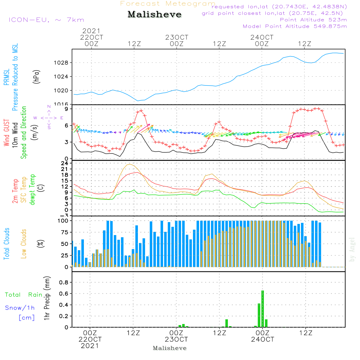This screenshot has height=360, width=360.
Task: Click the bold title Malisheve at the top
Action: coord(154,14)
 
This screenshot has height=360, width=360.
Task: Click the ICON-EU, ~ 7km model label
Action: coord(46,20)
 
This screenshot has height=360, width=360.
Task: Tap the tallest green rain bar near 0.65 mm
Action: coord(263,309)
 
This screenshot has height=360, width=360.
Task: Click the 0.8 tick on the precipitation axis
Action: coord(64,282)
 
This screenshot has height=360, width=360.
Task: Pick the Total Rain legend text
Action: coord(24,294)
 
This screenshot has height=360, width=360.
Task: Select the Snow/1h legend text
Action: coord(20,308)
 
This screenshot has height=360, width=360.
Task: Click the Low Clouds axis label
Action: coord(24,244)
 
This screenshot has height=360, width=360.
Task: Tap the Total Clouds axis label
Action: coord(6,244)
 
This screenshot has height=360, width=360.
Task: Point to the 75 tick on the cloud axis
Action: coord(64,232)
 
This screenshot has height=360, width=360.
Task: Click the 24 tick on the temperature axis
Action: coord(64,163)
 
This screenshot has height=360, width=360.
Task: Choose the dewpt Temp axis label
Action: coord(32,190)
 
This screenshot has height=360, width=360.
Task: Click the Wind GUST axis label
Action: coord(6,133)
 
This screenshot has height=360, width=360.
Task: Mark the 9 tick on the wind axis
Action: coord(67,109)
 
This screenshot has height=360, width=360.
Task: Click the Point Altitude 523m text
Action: coord(314,20)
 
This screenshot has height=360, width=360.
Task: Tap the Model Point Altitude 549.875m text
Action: coord(295,26)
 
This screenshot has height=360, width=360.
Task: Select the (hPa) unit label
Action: coord(36,77)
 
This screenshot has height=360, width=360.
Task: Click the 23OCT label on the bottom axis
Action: coord(176,339)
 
